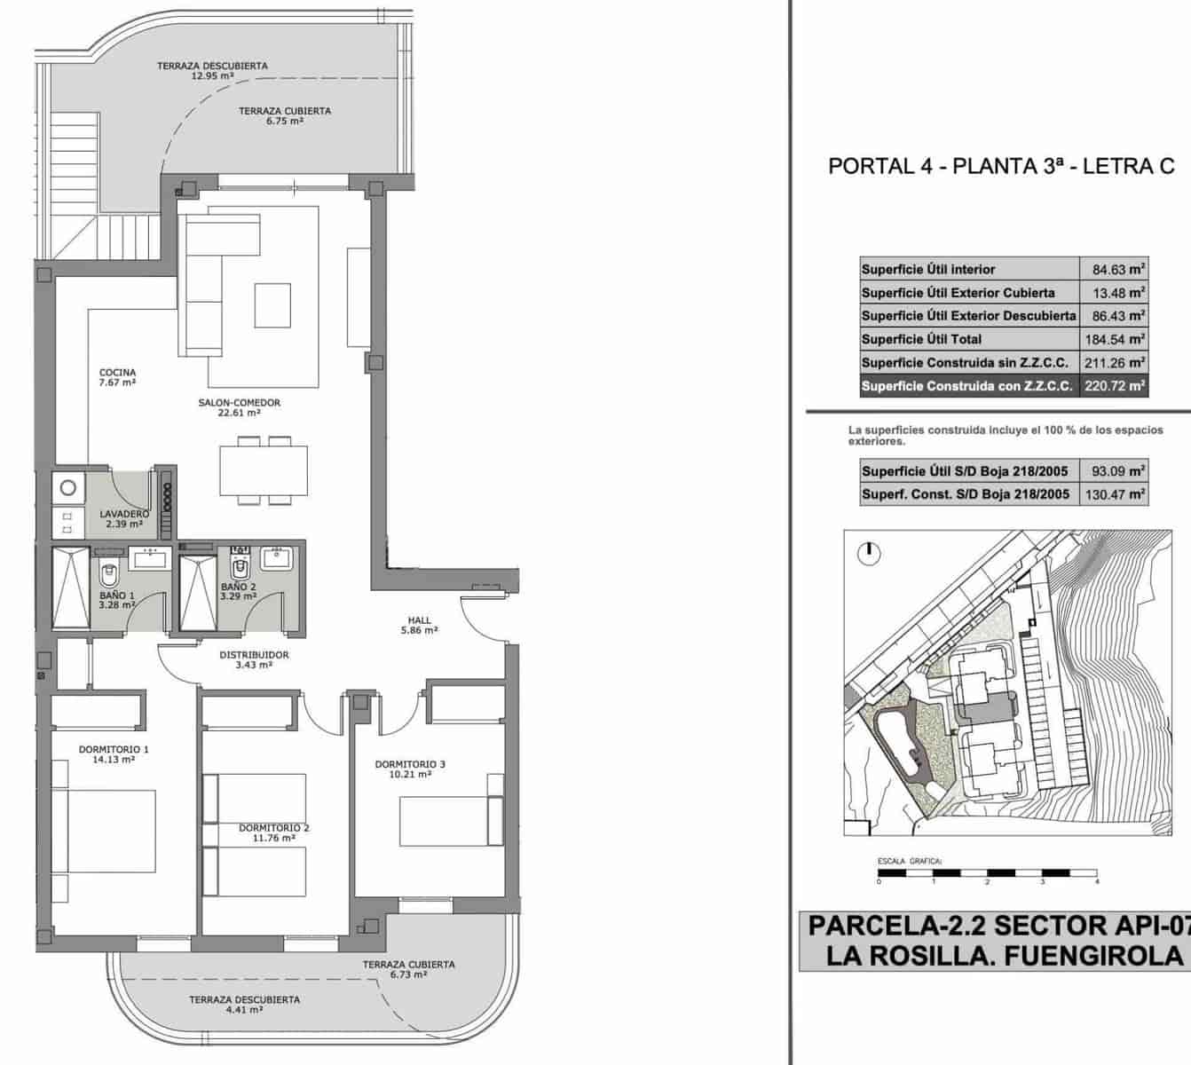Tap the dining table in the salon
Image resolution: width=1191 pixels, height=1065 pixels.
click(x=264, y=470)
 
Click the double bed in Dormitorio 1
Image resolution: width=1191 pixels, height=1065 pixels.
click(x=104, y=831)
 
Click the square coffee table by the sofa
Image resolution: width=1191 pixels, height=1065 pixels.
click(x=272, y=305)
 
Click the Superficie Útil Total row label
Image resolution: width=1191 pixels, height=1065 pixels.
click(x=921, y=339)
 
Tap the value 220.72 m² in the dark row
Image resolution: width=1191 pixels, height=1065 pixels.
click(x=1114, y=386)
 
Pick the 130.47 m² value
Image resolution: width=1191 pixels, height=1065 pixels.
click(x=1114, y=494)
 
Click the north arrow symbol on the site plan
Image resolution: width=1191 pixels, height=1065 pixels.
click(x=869, y=553)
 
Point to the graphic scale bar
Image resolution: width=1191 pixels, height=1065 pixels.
click(x=988, y=872)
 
